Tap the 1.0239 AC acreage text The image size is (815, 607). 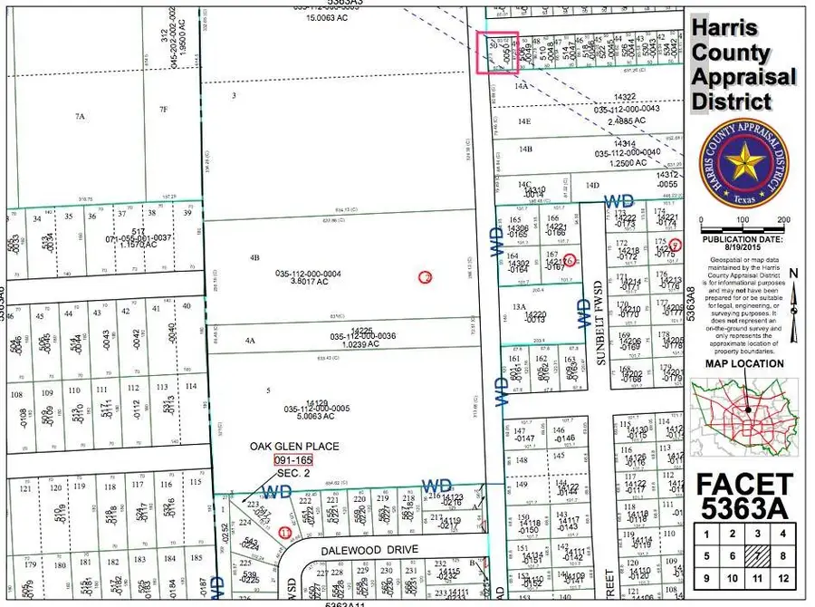point(336,344)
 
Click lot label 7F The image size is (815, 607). point(163,110)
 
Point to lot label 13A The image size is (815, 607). point(519,308)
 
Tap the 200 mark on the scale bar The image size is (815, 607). point(784,220)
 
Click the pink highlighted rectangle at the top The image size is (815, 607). point(496,53)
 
